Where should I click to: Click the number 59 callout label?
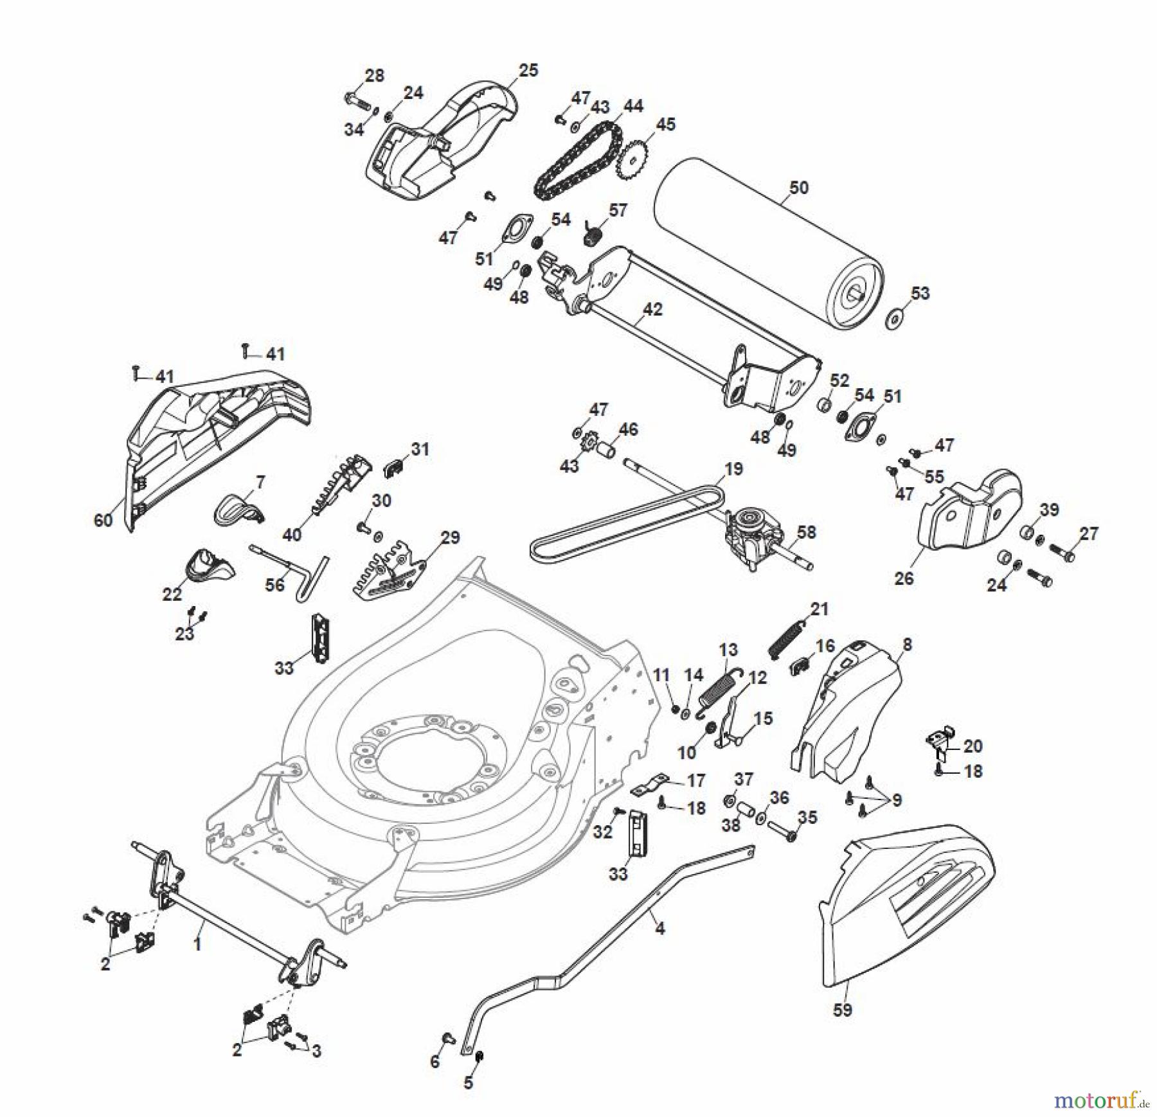[842, 1010]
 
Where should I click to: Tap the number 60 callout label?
[103, 520]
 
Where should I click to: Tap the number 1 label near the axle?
[198, 944]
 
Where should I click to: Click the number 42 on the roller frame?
[652, 309]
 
